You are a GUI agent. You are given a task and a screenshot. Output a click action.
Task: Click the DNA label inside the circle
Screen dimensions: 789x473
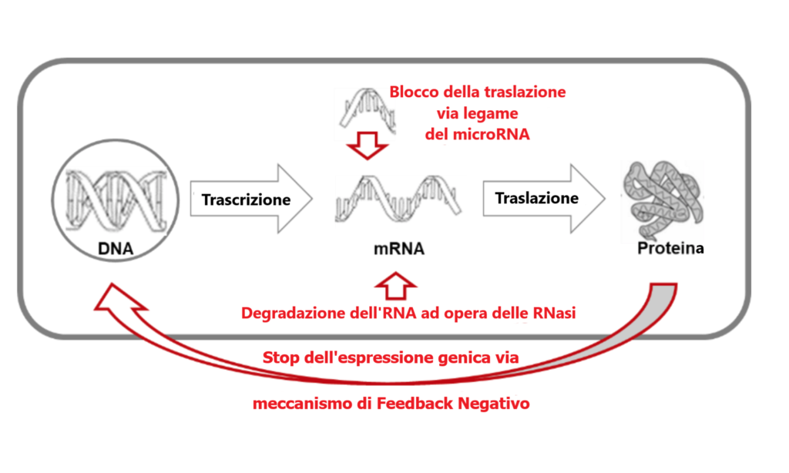tap(116, 249)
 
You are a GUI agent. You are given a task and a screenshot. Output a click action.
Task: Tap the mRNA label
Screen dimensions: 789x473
tap(399, 249)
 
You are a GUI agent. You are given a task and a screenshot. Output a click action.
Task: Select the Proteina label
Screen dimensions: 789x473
tap(670, 248)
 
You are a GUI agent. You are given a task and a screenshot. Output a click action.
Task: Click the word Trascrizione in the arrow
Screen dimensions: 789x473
tap(246, 200)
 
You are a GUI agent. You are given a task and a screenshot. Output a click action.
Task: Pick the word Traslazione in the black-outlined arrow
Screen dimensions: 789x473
tap(536, 198)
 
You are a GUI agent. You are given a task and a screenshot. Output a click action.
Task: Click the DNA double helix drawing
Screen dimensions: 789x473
tap(116, 200)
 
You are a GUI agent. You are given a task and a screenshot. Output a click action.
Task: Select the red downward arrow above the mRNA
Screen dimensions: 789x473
tap(368, 146)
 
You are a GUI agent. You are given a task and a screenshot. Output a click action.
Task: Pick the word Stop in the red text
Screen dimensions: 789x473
tap(277, 357)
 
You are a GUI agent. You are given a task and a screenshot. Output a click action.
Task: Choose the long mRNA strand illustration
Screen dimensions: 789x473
tap(398, 198)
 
